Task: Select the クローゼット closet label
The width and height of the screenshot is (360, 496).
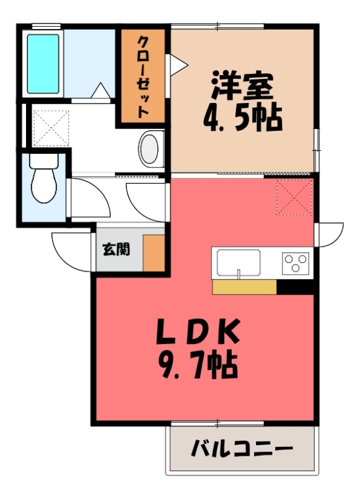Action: click(143, 77)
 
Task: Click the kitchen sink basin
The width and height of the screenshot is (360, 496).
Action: click(238, 263)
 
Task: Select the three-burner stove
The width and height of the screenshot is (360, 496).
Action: click(296, 263)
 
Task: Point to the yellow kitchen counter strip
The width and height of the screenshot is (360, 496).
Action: click(244, 286)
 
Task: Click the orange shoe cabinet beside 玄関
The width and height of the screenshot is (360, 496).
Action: click(153, 252)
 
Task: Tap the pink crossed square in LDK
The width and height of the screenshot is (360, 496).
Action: click(294, 197)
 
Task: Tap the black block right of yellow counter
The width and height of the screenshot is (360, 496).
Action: click(295, 286)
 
